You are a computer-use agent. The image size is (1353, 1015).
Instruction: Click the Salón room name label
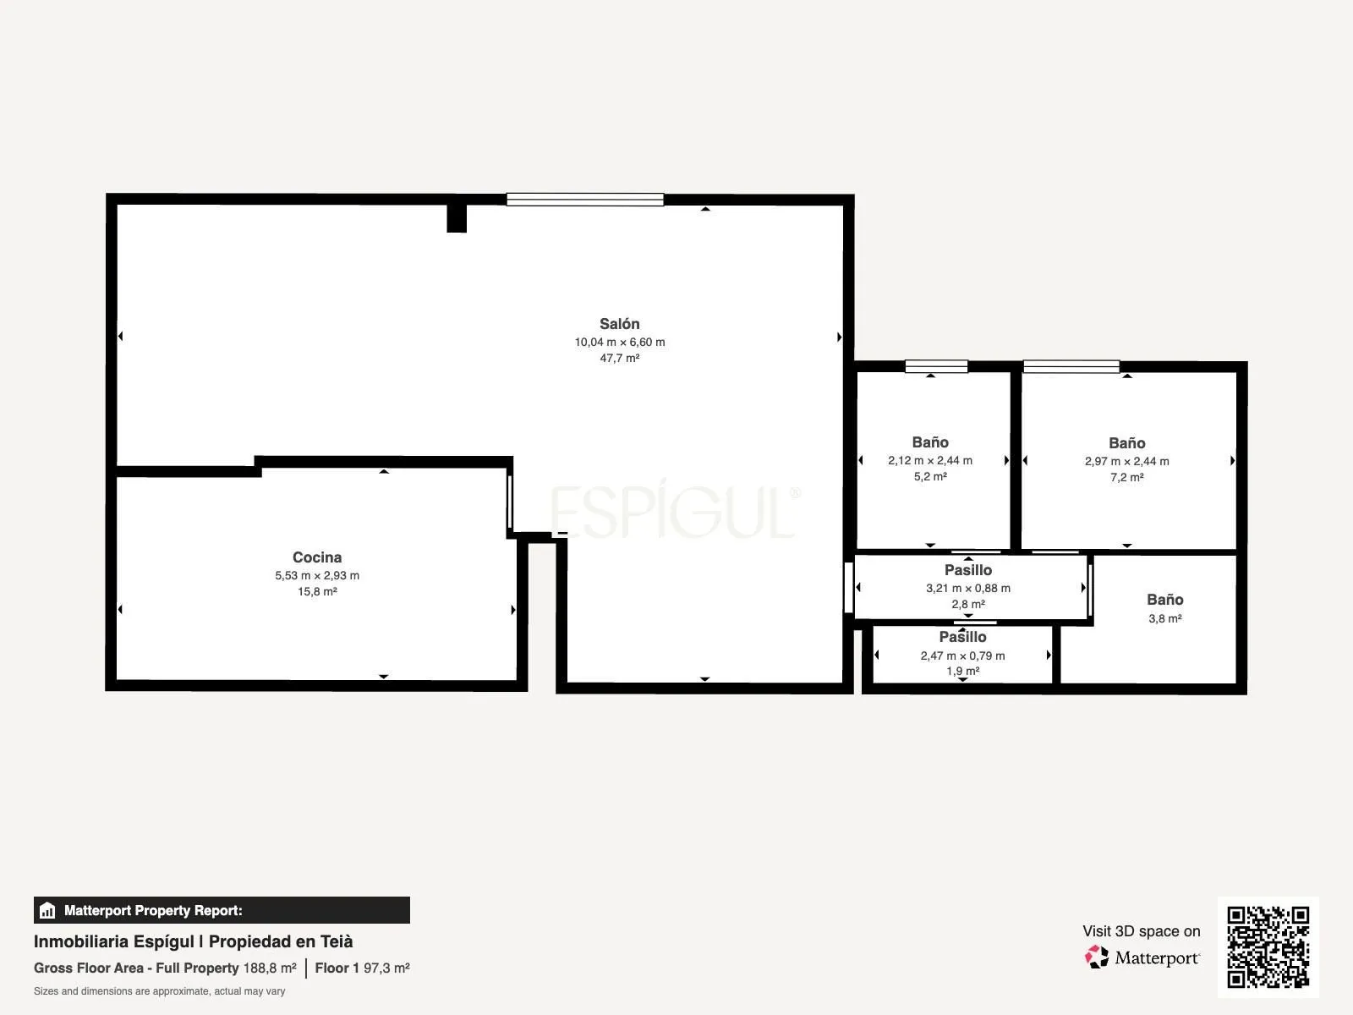620,324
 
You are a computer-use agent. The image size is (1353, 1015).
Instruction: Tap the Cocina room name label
317,557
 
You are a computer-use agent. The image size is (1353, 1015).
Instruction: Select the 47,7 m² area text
620,358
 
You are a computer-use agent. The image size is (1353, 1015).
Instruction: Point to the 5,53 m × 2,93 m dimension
317,576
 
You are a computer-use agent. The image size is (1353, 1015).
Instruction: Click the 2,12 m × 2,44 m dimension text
930,460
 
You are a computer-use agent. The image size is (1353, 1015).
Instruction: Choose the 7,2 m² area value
1126,478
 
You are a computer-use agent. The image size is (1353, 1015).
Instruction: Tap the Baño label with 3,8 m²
1165,600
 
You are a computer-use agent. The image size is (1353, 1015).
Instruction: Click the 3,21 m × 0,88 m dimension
967,589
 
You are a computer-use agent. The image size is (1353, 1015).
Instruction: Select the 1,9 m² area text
963,671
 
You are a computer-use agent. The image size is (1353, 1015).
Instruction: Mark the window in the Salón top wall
585,199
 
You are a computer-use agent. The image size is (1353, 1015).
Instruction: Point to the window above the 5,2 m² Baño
936,367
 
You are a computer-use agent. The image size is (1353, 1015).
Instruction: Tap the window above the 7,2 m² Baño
1072,367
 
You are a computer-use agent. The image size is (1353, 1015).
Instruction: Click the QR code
1268,947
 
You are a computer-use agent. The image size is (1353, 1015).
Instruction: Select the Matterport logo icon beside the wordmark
1097,957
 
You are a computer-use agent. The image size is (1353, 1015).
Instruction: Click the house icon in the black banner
47,910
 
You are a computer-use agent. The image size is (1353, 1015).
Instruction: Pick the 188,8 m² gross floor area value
270,968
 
